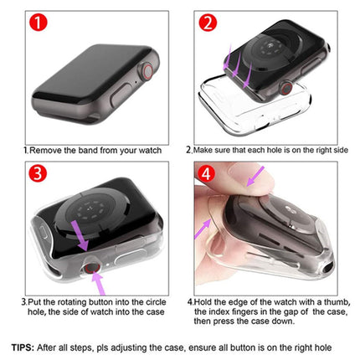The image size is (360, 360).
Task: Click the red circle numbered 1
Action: tap(39, 23)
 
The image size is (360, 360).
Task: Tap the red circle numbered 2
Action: tap(208, 23)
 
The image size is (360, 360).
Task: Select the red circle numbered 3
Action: tap(38, 173)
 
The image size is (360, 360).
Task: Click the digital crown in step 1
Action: tap(147, 71)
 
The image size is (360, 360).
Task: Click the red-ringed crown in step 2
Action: tap(285, 88)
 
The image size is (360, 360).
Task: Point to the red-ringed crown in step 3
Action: tap(92, 268)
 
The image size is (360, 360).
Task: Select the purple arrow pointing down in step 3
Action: tap(80, 235)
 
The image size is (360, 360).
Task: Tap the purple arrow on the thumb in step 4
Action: tap(255, 176)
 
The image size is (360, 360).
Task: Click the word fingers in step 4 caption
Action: tap(240, 311)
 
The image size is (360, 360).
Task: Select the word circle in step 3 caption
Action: tap(156, 302)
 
